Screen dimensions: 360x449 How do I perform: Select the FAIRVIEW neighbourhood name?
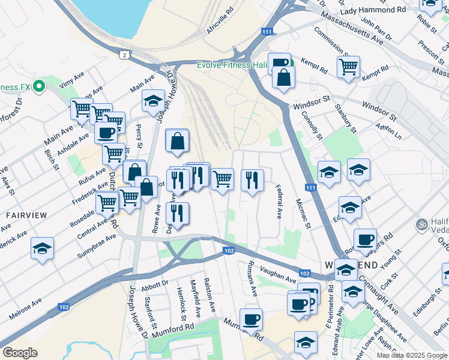coord(23,214)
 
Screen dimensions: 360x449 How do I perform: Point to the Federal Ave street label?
coord(279,202)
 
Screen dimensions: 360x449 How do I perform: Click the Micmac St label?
coord(303,215)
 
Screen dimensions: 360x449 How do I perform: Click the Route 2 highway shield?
coord(124,55)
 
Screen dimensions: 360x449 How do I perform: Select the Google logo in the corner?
coord(20,352)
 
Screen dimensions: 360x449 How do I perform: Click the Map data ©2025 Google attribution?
coord(412,355)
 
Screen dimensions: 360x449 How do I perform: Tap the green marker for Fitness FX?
coord(40,87)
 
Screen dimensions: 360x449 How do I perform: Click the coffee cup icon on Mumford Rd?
coord(252,319)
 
